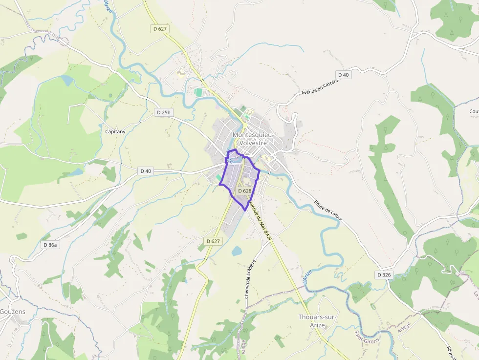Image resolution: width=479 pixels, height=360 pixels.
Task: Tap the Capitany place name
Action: click(x=115, y=131)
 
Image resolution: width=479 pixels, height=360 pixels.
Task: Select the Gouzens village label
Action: click(x=12, y=312)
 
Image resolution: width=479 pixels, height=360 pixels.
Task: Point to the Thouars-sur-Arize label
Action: click(x=317, y=321)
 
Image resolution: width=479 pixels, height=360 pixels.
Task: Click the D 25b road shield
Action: click(x=164, y=112)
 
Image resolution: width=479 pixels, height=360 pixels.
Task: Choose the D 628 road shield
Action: click(x=244, y=191)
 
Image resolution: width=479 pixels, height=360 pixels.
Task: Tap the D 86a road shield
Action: click(x=50, y=245)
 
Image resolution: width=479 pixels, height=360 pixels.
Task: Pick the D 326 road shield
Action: click(x=384, y=275)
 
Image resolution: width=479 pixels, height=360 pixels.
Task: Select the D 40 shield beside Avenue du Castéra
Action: click(x=344, y=75)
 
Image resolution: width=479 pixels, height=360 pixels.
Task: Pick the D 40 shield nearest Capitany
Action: click(x=146, y=171)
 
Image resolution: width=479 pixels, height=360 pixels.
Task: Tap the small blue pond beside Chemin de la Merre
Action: click(x=237, y=251)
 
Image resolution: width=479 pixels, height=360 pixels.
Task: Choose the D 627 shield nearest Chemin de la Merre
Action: click(x=213, y=241)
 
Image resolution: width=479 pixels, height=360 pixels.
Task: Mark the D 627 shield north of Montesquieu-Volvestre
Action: click(x=160, y=29)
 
